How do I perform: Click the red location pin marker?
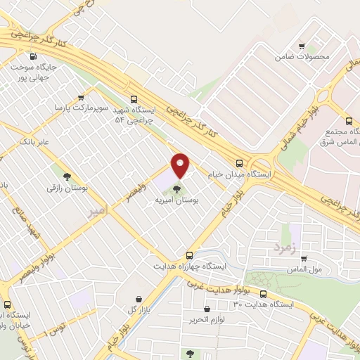[x=180, y=166]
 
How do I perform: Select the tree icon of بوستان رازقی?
[x=67, y=176]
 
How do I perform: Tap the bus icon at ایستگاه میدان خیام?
[x=239, y=162]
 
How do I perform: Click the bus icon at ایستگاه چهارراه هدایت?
[x=189, y=255]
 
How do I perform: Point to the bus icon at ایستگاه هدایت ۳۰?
[x=263, y=294]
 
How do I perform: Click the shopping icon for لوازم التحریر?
[x=207, y=309]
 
